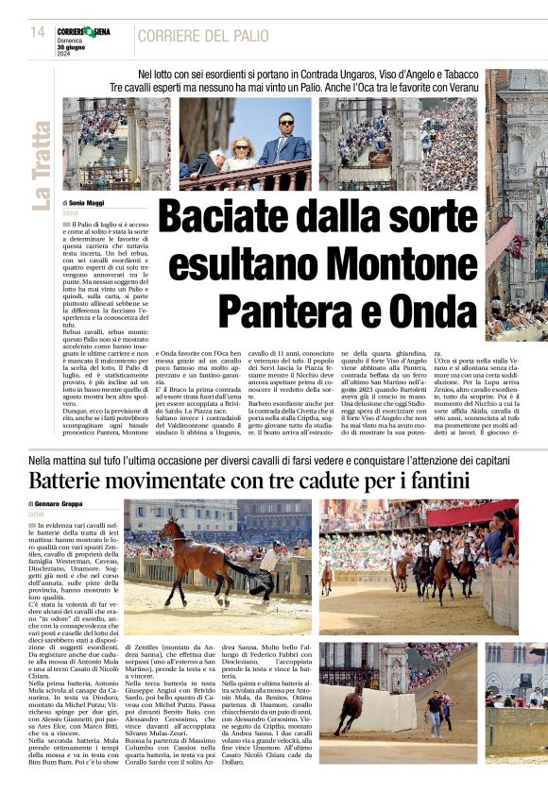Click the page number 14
(x=39, y=33)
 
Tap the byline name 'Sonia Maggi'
(x=89, y=203)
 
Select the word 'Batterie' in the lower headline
(x=73, y=481)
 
